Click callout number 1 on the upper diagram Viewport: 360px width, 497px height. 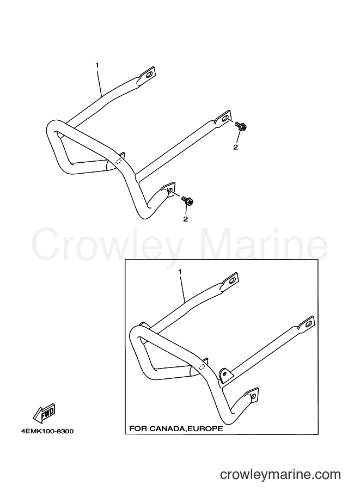coord(97,65)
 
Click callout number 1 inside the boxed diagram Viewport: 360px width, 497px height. coord(180,272)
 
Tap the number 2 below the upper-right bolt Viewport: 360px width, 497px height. coord(235,147)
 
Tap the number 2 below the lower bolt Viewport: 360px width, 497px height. coord(185,219)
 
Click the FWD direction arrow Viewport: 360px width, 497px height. coord(45,413)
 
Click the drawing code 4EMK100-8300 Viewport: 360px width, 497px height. coord(47,431)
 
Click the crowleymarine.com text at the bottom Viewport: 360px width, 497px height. coord(280,475)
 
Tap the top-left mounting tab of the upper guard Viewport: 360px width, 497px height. coord(147,75)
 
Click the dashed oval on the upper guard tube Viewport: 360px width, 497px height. coord(119,161)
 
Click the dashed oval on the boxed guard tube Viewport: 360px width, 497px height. coord(202,367)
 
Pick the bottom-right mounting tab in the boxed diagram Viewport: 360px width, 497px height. coord(252,396)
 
